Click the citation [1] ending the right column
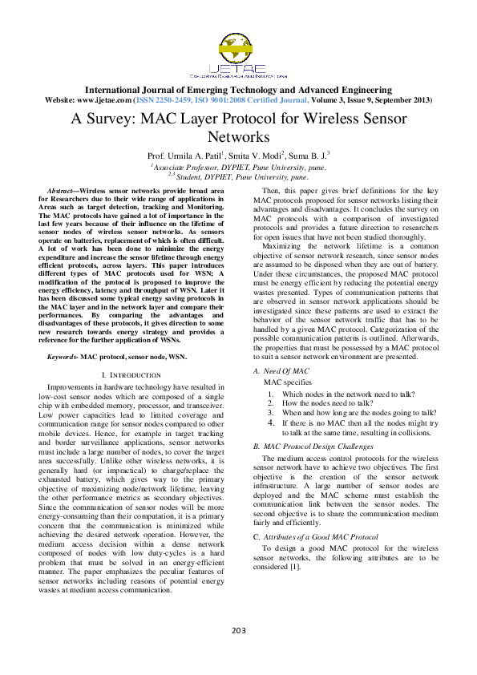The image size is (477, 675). tap(294, 568)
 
